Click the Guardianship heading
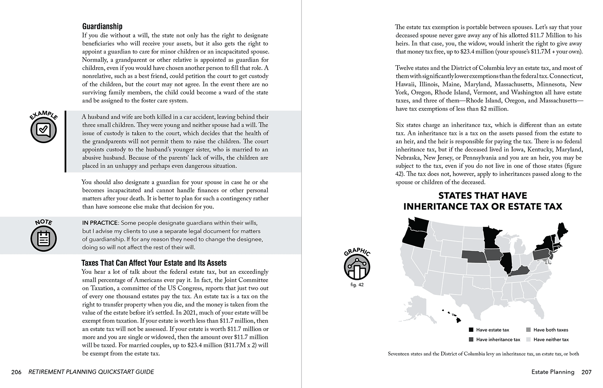(102, 26)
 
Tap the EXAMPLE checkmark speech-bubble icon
(43, 130)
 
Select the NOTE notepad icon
(43, 238)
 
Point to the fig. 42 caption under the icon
(357, 285)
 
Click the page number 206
(16, 372)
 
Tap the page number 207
(586, 372)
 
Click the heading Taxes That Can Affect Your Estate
(154, 263)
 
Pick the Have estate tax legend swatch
(471, 330)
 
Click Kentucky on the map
(520, 270)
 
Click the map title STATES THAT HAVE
(482, 196)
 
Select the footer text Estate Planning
(552, 372)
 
